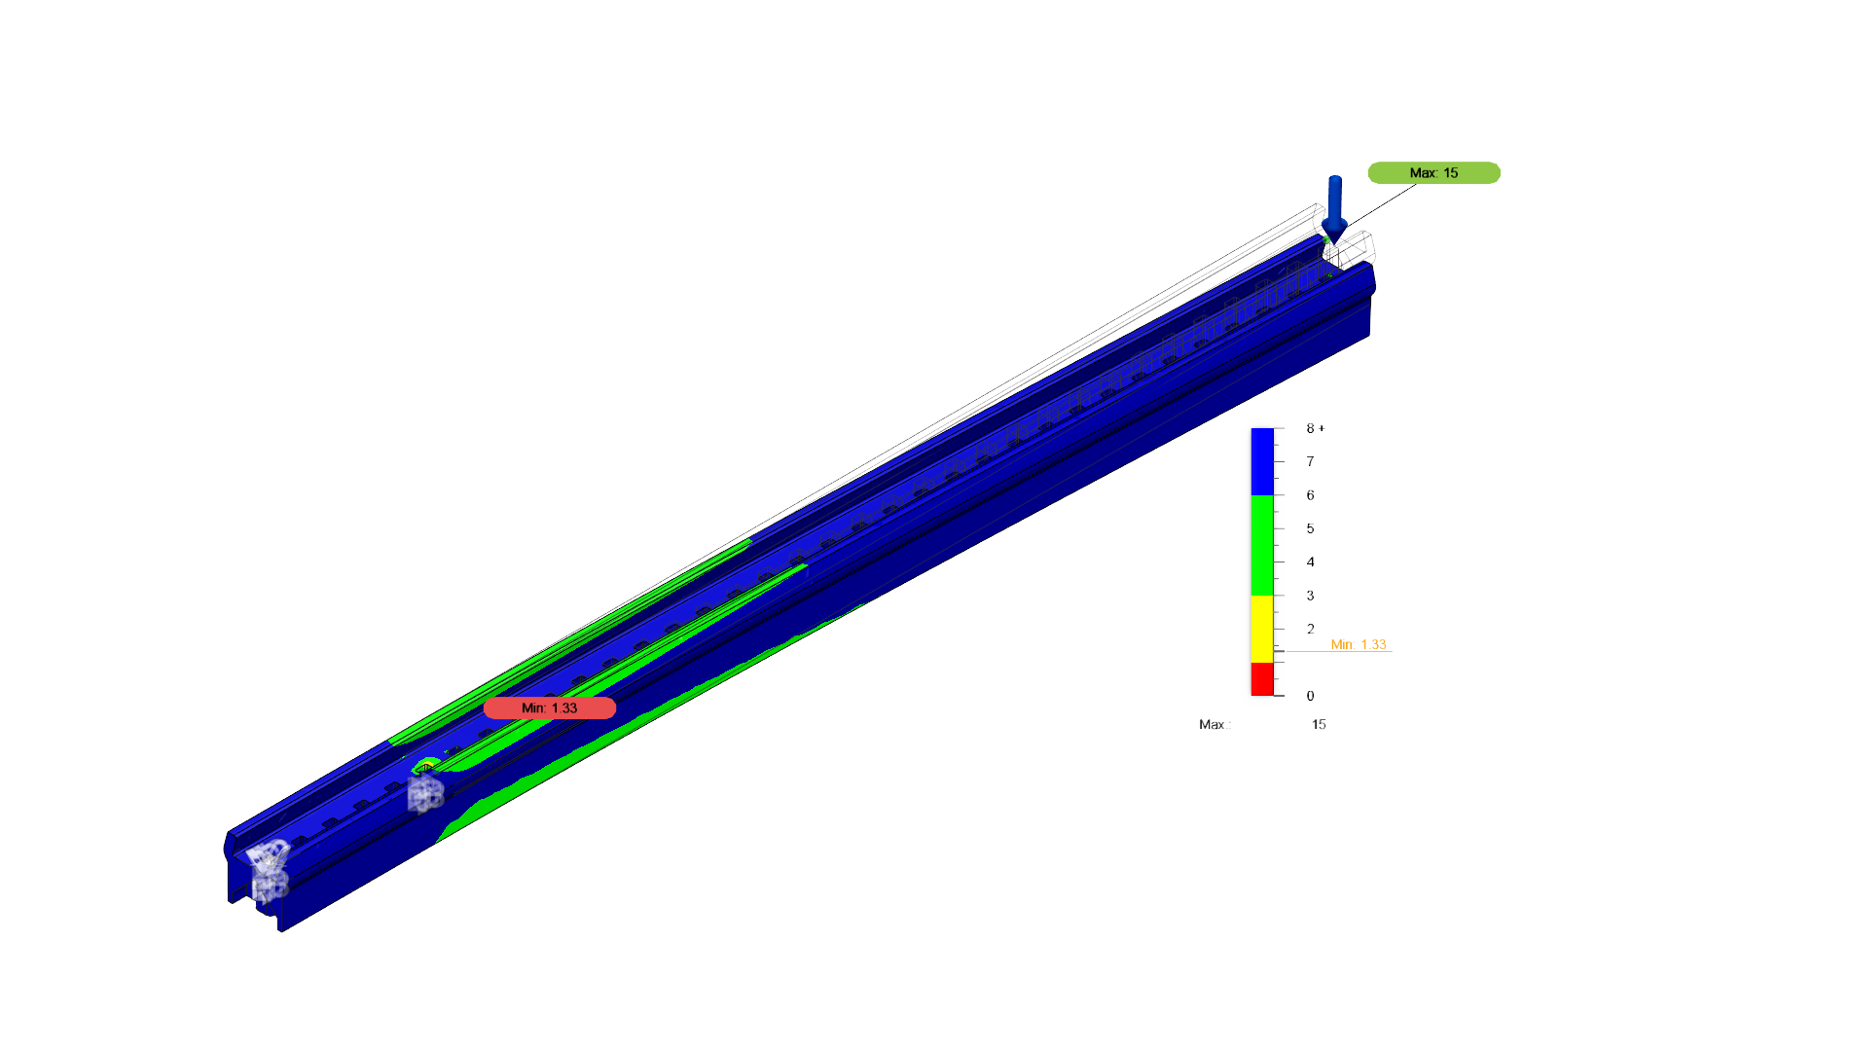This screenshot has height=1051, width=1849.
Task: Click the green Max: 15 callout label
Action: pyautogui.click(x=1433, y=173)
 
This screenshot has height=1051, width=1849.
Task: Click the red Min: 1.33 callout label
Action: pyautogui.click(x=550, y=708)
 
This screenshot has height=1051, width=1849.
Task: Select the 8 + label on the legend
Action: pyautogui.click(x=1315, y=428)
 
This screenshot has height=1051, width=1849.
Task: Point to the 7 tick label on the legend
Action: pyautogui.click(x=1310, y=461)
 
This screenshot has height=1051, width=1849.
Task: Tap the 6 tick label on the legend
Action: pyautogui.click(x=1310, y=495)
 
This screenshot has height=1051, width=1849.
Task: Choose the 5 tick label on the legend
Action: pyautogui.click(x=1310, y=528)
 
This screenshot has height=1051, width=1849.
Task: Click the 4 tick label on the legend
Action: pyautogui.click(x=1310, y=562)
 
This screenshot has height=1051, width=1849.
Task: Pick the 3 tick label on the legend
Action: pyautogui.click(x=1310, y=596)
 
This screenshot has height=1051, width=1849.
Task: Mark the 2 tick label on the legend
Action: pyautogui.click(x=1310, y=629)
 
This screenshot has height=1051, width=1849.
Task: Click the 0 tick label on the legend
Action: pyautogui.click(x=1310, y=696)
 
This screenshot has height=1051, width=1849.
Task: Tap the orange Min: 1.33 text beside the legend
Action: pyautogui.click(x=1359, y=644)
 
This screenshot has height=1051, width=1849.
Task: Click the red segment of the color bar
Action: pyautogui.click(x=1262, y=679)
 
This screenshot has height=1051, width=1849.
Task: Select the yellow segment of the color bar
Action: pyautogui.click(x=1262, y=629)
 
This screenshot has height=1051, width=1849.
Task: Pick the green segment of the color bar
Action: pyautogui.click(x=1262, y=545)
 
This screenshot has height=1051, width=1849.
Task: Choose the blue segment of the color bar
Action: pyautogui.click(x=1262, y=461)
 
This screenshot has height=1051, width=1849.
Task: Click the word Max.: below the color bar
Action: pyautogui.click(x=1215, y=724)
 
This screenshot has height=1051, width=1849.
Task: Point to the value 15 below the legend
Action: pyautogui.click(x=1319, y=724)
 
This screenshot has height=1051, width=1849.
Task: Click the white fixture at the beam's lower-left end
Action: pyautogui.click(x=269, y=869)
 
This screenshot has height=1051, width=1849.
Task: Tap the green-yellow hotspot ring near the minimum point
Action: pyautogui.click(x=425, y=765)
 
